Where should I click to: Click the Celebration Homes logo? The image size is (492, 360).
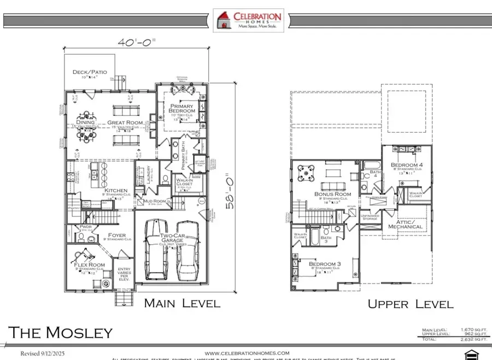coord(248,21)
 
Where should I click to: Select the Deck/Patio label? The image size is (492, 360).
coord(90,72)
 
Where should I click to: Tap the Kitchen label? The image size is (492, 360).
coord(112,191)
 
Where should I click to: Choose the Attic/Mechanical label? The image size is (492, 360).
coord(405,223)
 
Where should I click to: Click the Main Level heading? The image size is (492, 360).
coord(182,303)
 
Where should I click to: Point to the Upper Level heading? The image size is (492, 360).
coord(410,304)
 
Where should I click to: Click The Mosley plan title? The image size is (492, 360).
coord(60,332)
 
